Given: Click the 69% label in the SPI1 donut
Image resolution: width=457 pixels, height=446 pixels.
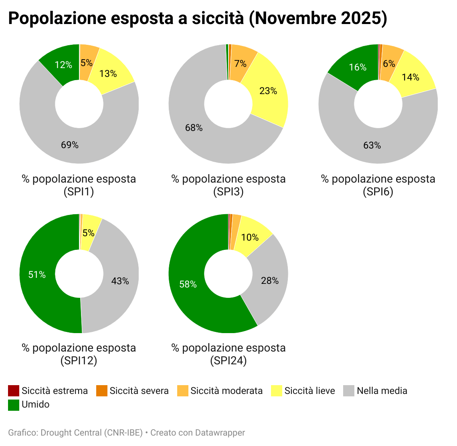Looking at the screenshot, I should coord(70,145).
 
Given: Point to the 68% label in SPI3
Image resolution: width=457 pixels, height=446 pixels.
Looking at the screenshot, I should coord(194,128).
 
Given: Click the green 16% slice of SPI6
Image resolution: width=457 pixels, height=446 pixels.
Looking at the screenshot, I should coord(355,66).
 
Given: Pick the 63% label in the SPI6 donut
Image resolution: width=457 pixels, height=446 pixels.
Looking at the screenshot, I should coord(372,145).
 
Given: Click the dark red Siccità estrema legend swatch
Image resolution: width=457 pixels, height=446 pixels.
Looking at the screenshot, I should coord(14,391).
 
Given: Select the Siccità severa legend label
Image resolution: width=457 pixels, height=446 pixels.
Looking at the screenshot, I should coord(139,391).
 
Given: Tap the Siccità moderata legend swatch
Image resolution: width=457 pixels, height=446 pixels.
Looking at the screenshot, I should coord(183,391).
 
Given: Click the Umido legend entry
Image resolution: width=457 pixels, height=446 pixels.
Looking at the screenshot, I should coord(36,404).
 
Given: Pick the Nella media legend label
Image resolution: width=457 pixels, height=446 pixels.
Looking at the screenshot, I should coord(382,391).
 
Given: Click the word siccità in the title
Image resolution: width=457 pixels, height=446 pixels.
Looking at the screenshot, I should coord(217,18).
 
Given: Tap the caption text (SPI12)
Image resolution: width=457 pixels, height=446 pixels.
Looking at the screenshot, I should coord(79,361).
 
